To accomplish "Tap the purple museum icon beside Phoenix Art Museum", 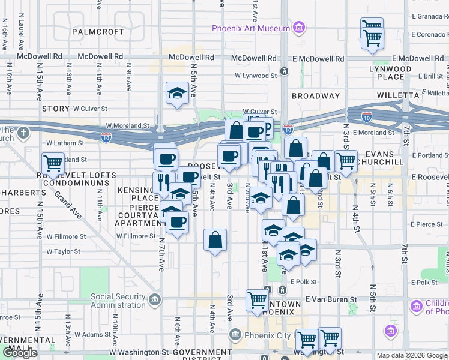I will click(x=298, y=28).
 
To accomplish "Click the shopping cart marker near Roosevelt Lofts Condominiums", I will click(x=53, y=163).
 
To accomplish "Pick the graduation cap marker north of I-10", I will click(x=176, y=93).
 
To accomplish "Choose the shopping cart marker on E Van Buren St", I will click(x=258, y=300).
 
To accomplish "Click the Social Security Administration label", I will click(x=118, y=301).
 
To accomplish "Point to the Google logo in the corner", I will click(x=20, y=353).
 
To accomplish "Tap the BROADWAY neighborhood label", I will click(x=316, y=96).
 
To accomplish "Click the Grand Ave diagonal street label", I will click(x=67, y=205).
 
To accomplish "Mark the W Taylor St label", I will click(x=63, y=251).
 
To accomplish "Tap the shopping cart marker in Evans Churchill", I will click(x=346, y=161).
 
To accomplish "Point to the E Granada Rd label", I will click(x=427, y=16).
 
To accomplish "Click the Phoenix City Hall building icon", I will click(x=236, y=334).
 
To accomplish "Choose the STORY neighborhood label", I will click(x=56, y=109).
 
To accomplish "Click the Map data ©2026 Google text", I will click(x=412, y=355).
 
